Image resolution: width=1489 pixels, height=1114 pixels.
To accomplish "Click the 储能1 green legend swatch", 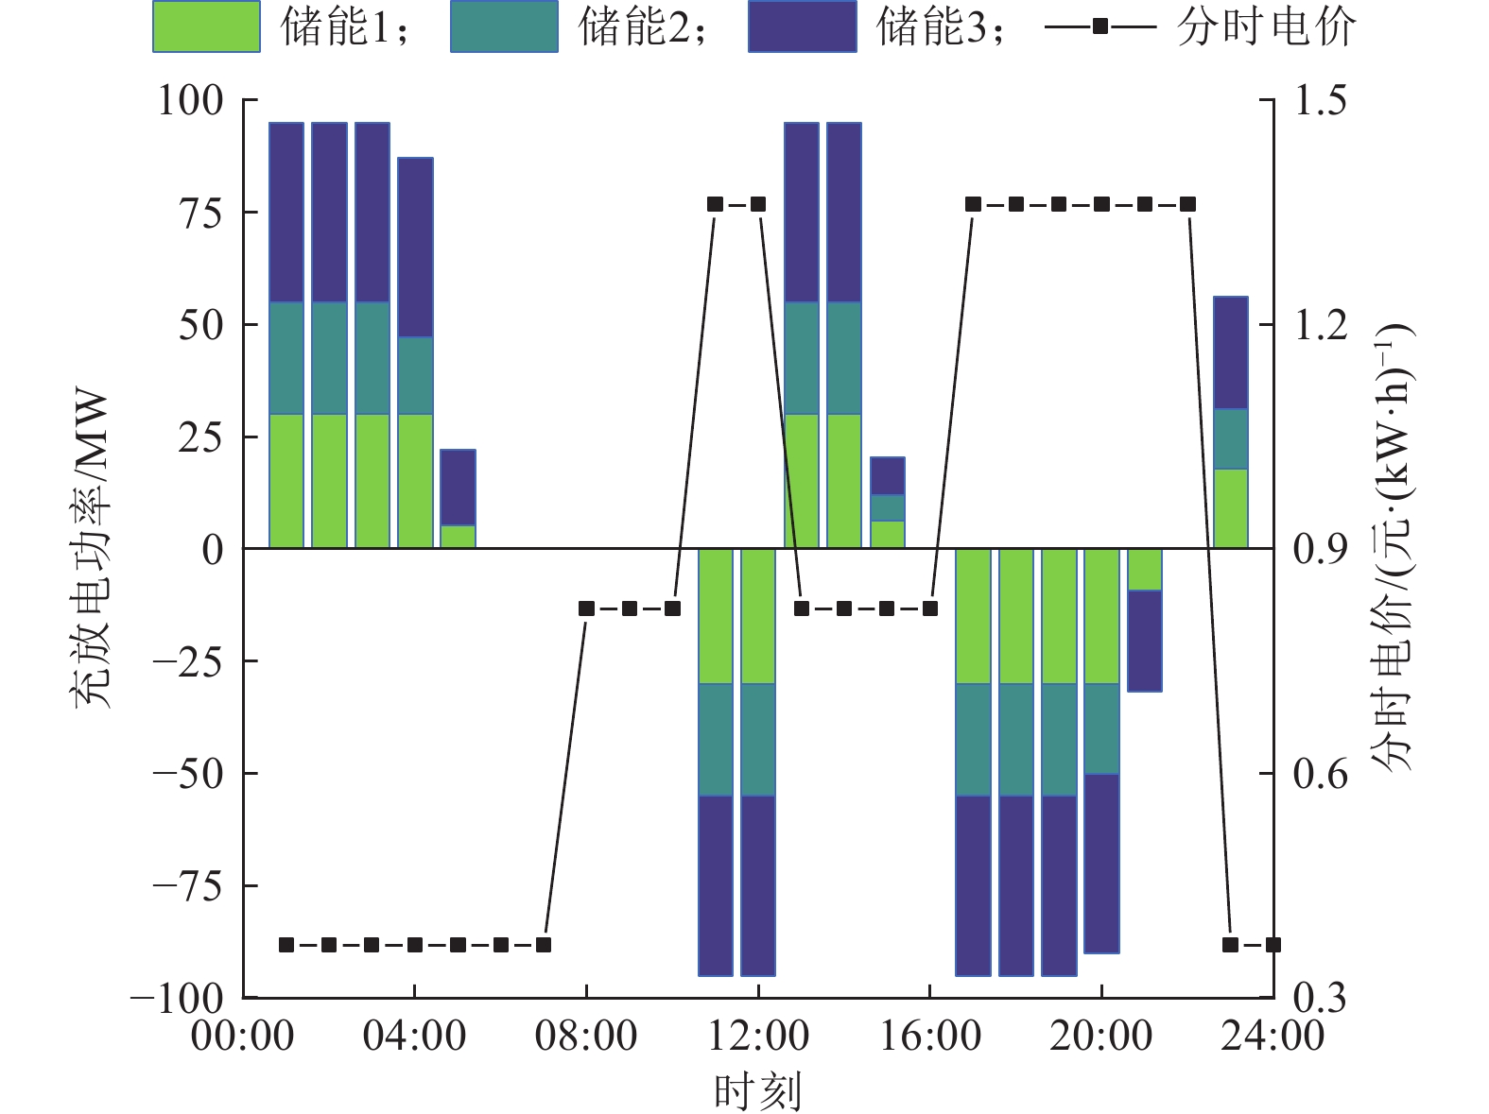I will pyautogui.click(x=206, y=26).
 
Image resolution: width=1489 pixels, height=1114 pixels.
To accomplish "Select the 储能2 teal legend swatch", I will pyautogui.click(x=504, y=26).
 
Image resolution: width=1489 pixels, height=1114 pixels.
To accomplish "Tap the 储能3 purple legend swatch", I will pyautogui.click(x=802, y=26).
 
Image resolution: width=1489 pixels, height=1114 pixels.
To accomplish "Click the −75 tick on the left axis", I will pyautogui.click(x=187, y=886).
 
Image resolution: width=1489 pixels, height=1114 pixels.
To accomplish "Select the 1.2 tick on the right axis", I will pyautogui.click(x=1320, y=325).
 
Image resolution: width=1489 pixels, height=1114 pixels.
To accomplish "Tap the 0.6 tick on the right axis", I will pyautogui.click(x=1320, y=774).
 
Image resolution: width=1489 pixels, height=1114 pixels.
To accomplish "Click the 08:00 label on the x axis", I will pyautogui.click(x=586, y=1037).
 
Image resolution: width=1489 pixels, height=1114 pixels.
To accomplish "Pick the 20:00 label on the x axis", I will pyautogui.click(x=1101, y=1037).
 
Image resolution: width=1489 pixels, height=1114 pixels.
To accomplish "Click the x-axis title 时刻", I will pyautogui.click(x=757, y=1091).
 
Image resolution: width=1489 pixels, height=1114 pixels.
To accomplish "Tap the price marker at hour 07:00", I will pyautogui.click(x=544, y=945).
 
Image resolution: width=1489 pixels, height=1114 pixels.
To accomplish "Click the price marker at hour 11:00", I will pyautogui.click(x=715, y=204).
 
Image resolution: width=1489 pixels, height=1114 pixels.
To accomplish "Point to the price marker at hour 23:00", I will pyautogui.click(x=1230, y=945).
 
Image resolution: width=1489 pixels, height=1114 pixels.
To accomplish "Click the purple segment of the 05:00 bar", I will pyautogui.click(x=458, y=487).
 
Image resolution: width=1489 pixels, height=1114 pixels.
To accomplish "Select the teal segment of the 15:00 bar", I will pyautogui.click(x=887, y=507).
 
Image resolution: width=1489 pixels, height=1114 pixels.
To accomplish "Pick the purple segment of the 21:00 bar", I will pyautogui.click(x=1145, y=641).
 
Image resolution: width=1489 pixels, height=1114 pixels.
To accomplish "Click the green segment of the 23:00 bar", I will pyautogui.click(x=1230, y=508).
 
